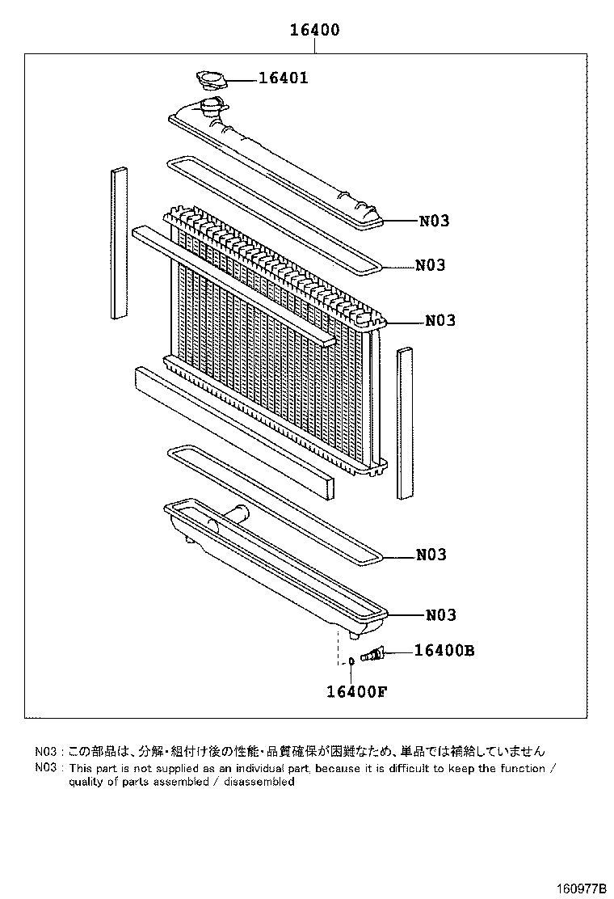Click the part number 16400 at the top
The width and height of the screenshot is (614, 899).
tap(314, 31)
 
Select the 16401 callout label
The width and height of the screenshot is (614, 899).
tap(283, 78)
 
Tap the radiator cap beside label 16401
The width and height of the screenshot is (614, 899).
tap(212, 80)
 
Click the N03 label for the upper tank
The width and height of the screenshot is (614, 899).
tap(434, 221)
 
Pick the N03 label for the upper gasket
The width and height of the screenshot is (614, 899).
tap(431, 265)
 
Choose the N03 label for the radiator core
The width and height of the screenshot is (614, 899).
tap(440, 320)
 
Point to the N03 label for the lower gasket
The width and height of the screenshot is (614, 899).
tap(431, 555)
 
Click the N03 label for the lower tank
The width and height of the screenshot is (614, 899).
tap(440, 615)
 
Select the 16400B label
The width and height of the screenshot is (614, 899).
tap(444, 651)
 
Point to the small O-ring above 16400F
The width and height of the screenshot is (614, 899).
tap(352, 661)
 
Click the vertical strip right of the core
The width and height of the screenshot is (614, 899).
tap(404, 422)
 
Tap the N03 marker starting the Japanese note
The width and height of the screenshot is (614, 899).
tap(46, 751)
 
